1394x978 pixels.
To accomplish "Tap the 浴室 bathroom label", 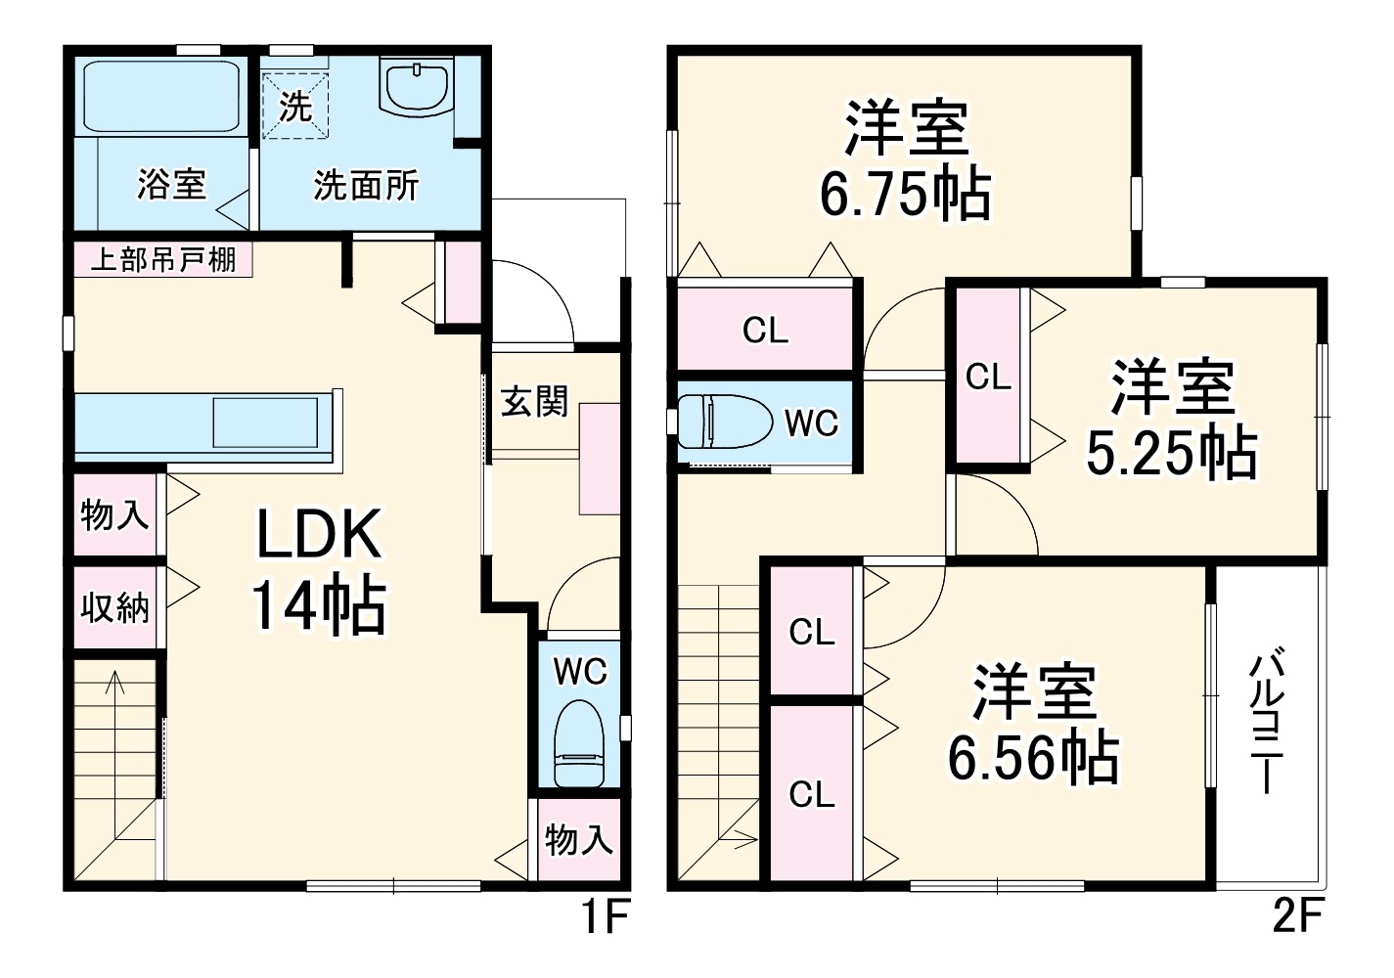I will pos(171,184).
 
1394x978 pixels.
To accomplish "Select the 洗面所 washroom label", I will pos(366,185).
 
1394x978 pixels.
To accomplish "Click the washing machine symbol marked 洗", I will pos(294,106).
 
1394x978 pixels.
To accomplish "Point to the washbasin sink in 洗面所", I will pos(418,87).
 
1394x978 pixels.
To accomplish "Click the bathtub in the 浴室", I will pos(162,97).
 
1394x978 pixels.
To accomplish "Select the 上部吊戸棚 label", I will pos(162,260).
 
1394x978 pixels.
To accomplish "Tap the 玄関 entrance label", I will pos(534,401).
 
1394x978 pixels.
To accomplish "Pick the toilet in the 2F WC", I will pos(722,422).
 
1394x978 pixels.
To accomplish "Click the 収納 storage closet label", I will pos(114,607).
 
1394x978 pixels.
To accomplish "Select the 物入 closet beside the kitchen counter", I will pos(114,514).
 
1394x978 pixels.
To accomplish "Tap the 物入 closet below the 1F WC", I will pos(579,839).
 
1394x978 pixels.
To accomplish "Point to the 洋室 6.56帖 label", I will pos(1033,724).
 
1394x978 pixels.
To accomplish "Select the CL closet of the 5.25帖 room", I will pos(988,377).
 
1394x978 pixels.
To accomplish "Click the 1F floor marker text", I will pos(604,917).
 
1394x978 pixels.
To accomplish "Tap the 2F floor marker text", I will pos(1297,917).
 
